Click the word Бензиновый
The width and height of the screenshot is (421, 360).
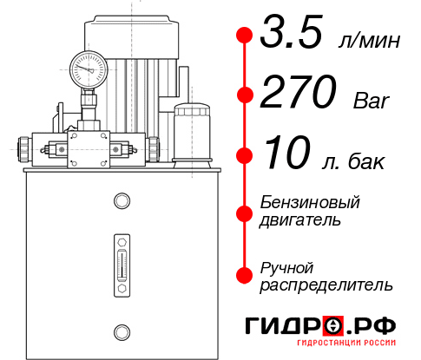coord(309,202)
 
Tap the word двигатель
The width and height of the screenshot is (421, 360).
coord(300,219)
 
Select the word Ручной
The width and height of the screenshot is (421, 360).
coord(286,266)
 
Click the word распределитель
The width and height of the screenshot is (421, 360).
coord(326,284)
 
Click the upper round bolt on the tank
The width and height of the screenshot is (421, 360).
coord(120,201)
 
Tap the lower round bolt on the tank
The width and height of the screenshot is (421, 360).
coord(120,331)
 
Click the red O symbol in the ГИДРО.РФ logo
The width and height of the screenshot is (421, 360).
coord(333,326)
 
